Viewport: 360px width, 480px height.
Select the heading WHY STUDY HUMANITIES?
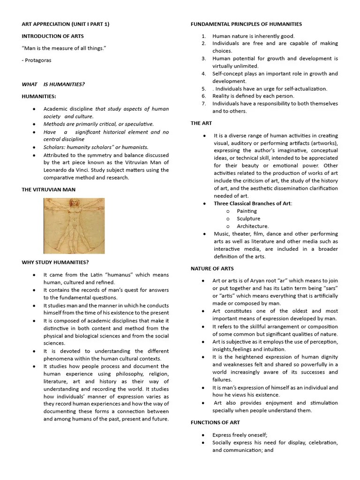[x=55, y=262]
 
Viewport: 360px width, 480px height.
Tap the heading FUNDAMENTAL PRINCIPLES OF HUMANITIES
[x=246, y=24]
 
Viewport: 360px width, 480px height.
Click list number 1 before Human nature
[x=204, y=36]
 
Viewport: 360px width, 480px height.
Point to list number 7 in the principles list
[x=204, y=104]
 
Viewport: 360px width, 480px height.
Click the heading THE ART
[x=201, y=123]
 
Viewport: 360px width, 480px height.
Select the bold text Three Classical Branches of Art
[x=252, y=203]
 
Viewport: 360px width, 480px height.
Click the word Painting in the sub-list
[x=247, y=211]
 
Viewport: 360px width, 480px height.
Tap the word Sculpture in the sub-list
[x=248, y=218]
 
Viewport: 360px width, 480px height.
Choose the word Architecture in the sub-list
[x=253, y=226]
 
